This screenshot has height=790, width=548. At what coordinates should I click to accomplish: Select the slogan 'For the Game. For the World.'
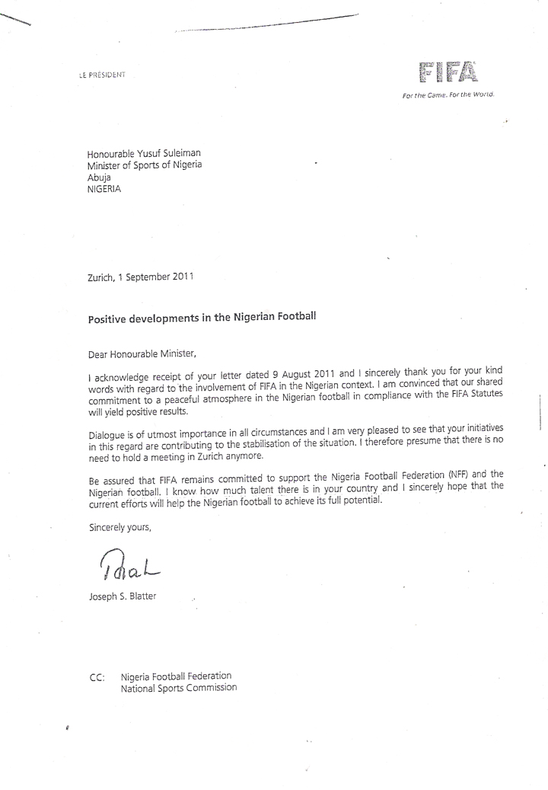coord(448,95)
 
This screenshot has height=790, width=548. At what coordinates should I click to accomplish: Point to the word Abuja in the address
coord(100,178)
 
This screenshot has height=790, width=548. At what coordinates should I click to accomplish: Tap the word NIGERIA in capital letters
coord(104,190)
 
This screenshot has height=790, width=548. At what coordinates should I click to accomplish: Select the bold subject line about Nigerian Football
coord(202,318)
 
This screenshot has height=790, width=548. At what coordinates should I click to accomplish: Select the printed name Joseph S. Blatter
coord(123,596)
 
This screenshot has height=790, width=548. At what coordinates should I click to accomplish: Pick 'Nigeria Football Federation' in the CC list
coord(177,676)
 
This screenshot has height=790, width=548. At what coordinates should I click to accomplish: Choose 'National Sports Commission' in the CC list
coord(179,687)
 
